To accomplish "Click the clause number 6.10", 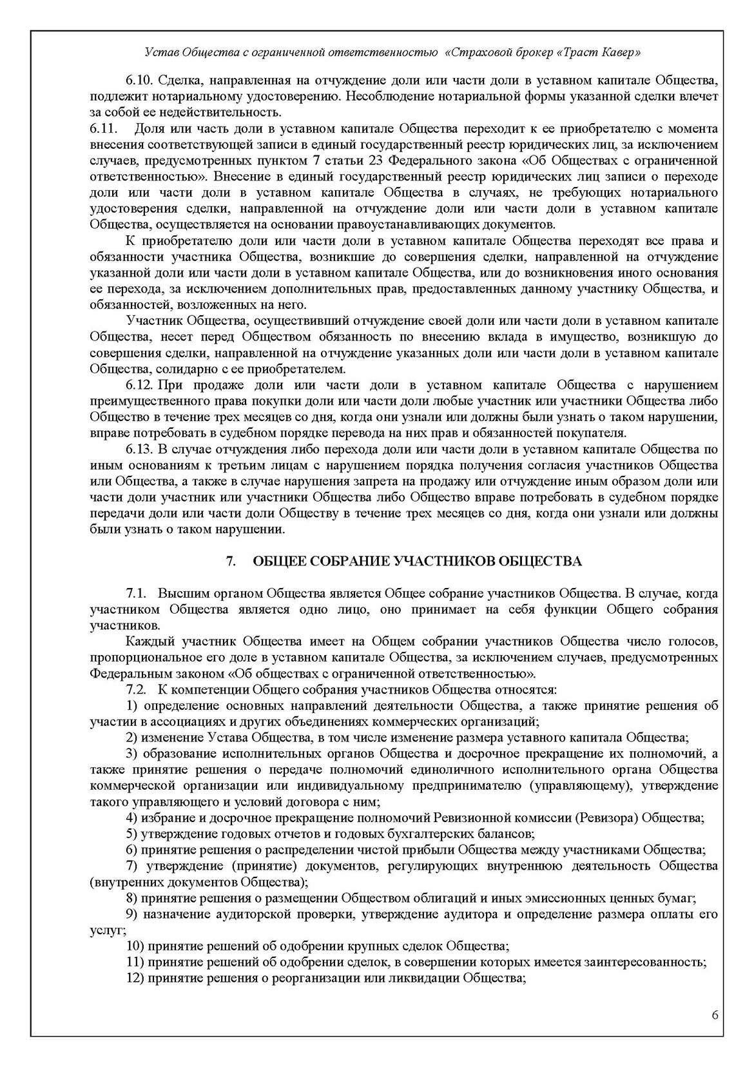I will [138, 81].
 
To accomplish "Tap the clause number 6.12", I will [138, 386].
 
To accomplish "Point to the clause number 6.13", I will [138, 449].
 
